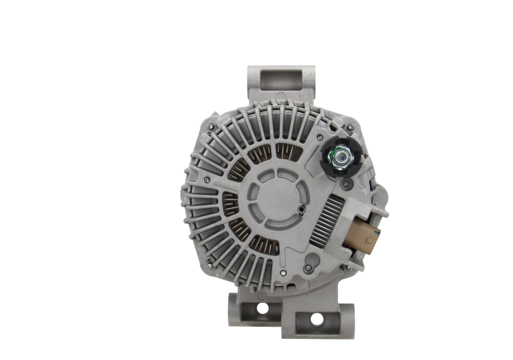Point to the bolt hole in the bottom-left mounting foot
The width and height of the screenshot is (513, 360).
(262, 309)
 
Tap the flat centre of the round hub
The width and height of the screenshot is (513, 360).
(273, 192)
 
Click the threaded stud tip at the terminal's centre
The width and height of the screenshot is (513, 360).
(339, 154)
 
